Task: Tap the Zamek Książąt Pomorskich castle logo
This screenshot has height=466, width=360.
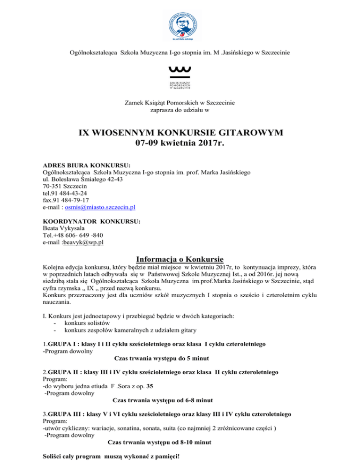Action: point(180,77)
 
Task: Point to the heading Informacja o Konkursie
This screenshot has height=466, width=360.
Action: point(180,259)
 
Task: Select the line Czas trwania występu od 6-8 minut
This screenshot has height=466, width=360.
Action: point(163,400)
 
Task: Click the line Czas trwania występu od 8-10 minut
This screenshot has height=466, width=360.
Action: point(159,443)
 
